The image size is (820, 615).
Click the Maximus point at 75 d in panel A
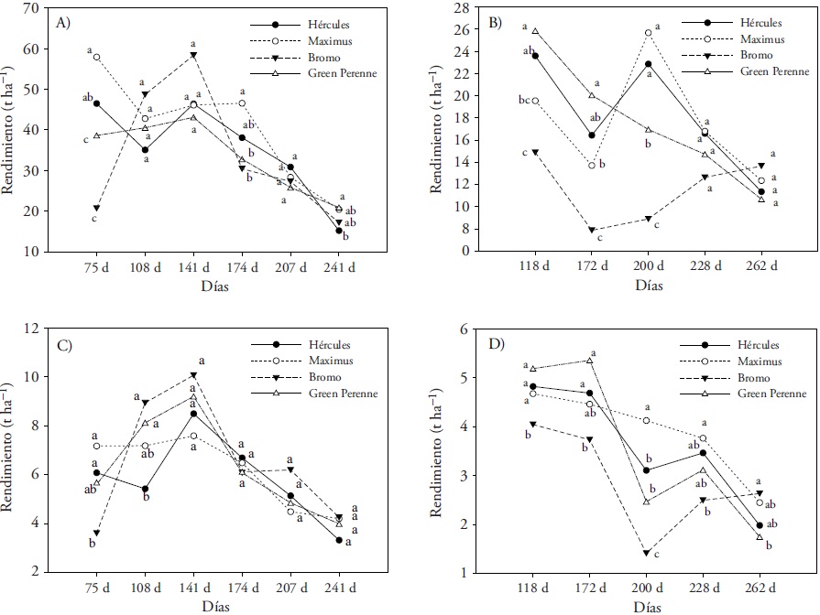point(96,57)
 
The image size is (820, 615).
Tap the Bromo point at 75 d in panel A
point(96,209)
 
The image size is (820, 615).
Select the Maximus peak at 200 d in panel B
point(648,33)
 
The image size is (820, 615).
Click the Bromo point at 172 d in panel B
point(592,231)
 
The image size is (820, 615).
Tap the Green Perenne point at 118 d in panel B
point(535,31)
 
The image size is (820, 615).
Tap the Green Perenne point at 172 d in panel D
point(592,361)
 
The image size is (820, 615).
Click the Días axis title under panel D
point(648,606)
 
